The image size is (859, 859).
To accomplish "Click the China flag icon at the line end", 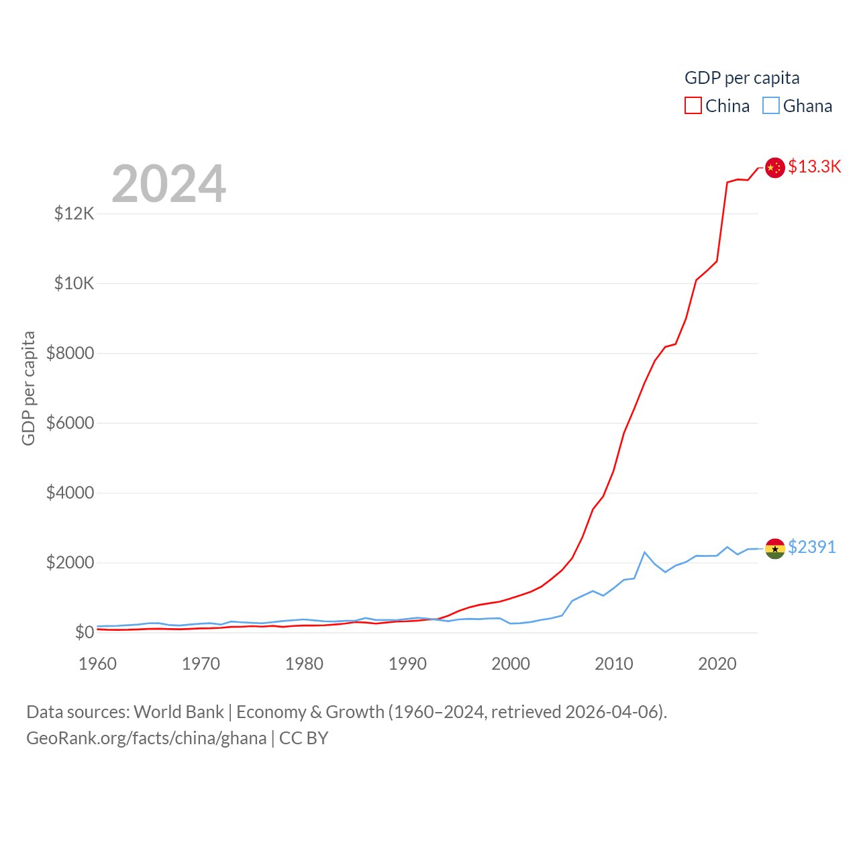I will [x=775, y=168].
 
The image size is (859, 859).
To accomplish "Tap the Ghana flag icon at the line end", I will [x=775, y=548].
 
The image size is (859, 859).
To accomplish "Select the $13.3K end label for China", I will [x=814, y=166].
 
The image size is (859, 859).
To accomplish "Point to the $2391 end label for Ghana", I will [x=812, y=547].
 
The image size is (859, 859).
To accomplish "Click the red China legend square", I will [x=693, y=106].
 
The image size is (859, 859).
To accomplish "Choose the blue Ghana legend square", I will [x=771, y=106].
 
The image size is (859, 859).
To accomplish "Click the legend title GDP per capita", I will [x=742, y=78].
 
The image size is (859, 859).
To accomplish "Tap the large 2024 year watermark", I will [x=168, y=184].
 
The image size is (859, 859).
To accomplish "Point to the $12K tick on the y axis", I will [x=74, y=214].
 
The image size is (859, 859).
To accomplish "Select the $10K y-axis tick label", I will [x=74, y=283].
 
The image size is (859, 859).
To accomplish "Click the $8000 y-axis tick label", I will [x=70, y=353].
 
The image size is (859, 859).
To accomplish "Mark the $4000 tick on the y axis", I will [x=70, y=493].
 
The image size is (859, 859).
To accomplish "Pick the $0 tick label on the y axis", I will [x=84, y=632].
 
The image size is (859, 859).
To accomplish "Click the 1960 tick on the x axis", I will [x=98, y=664].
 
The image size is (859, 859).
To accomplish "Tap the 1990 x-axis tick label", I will [x=407, y=664].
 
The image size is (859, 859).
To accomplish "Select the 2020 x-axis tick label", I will [x=717, y=664].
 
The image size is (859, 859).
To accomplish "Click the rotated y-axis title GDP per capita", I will [x=28, y=388].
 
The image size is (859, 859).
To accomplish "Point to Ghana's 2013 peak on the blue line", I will [x=644, y=552].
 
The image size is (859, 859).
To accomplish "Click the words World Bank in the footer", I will [x=179, y=711].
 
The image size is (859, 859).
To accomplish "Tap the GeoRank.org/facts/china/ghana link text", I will [x=146, y=738].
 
